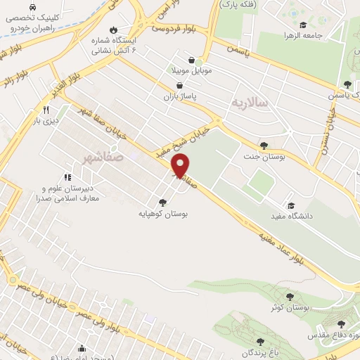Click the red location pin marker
click(181, 165)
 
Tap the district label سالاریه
click(250, 103)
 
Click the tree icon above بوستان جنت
click(263, 146)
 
